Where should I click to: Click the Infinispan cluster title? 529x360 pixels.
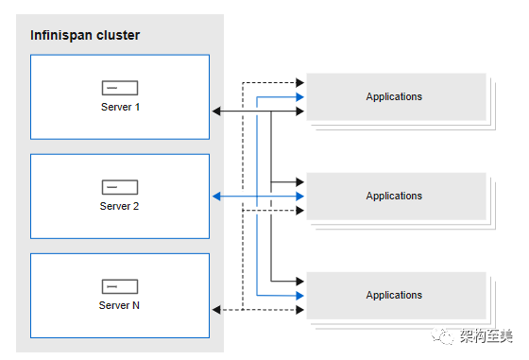coord(85,35)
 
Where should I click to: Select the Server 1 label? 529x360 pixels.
coord(120,107)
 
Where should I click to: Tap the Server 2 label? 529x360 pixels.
coord(119,206)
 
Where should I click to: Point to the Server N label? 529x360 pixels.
coord(119,305)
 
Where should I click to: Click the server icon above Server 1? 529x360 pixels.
coord(120,88)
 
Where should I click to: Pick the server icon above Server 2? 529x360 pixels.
coord(120,187)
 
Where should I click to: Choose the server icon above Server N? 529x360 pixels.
coord(120,286)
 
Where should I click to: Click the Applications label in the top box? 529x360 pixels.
coord(394,96)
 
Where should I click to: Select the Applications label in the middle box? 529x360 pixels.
coord(394,196)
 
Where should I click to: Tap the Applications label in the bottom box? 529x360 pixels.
coord(394,295)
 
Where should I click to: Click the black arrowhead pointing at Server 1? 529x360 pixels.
coord(216,111)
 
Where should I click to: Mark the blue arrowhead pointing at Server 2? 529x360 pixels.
coord(216,196)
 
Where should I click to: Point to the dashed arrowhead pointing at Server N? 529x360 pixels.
coord(216,309)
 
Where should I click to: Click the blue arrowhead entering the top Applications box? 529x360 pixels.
coord(300,97)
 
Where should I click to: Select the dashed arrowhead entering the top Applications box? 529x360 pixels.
coord(300,82)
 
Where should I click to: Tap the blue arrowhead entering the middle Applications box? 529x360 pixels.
coord(300,196)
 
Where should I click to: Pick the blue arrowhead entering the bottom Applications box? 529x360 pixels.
coord(300,296)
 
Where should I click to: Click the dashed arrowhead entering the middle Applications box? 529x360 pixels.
coord(300,211)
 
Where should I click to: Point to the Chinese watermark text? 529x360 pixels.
coord(486,336)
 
